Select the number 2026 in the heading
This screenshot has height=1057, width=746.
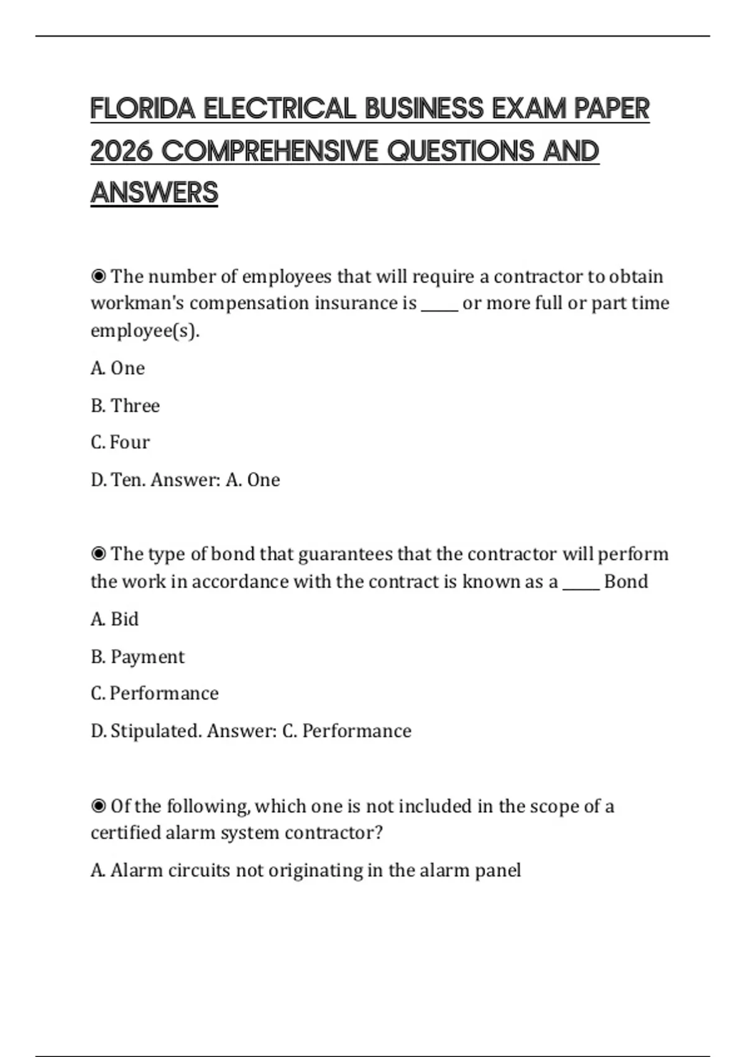122,151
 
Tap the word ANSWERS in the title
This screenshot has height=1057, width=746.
154,193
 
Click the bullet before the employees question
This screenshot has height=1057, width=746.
98,276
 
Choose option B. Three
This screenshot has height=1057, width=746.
125,405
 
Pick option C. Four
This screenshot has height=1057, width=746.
120,442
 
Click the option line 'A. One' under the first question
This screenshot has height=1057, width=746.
117,368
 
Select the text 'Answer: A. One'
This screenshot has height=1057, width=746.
215,480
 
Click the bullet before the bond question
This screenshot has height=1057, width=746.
98,553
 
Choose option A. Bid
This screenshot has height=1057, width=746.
114,619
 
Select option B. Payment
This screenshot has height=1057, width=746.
137,657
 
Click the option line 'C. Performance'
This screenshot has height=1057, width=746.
154,693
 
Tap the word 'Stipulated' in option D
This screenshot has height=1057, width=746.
155,731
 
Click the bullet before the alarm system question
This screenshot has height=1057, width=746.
98,806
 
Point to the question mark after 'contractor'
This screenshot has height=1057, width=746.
378,833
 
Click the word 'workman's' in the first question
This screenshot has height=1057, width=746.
137,303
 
